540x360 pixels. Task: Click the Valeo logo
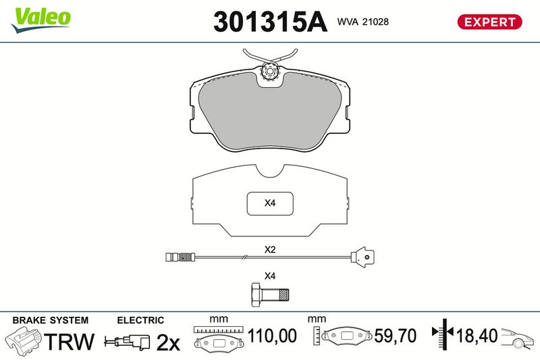(41, 20)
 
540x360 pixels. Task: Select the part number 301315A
(270, 22)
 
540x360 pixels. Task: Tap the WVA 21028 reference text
(362, 22)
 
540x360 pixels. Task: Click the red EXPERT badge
(489, 22)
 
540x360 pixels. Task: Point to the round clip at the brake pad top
(269, 72)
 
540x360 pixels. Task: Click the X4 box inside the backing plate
(270, 203)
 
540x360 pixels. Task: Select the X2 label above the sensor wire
(270, 249)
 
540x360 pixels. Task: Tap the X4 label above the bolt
(270, 276)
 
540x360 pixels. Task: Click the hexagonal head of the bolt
(256, 295)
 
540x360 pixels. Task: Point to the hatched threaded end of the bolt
(283, 295)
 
